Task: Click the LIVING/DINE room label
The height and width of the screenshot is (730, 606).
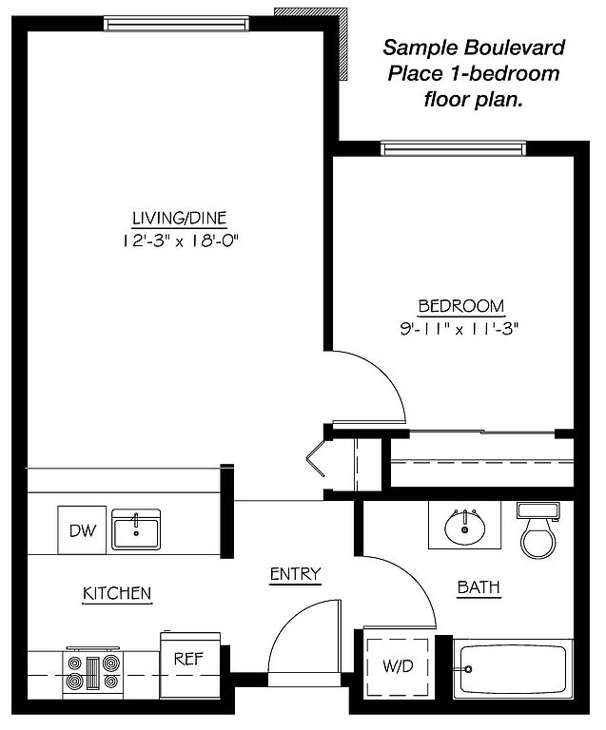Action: tap(180, 218)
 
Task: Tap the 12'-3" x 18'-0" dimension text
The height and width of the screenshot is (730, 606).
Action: tap(180, 240)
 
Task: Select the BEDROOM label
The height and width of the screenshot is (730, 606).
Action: tap(461, 306)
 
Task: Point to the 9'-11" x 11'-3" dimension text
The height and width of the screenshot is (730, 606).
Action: tap(459, 329)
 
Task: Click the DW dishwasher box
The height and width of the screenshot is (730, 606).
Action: tap(82, 529)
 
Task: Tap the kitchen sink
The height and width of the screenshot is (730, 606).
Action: tap(136, 529)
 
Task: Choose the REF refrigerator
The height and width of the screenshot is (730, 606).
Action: tap(189, 664)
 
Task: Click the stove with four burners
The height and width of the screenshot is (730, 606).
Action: tap(92, 672)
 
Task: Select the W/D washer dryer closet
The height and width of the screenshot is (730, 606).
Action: tap(398, 665)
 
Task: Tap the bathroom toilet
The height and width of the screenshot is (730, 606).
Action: tap(538, 529)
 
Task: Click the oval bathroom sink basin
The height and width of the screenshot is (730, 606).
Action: tap(464, 528)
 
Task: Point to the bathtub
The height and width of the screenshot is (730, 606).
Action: tap(513, 668)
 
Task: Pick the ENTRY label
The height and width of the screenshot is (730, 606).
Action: tap(295, 574)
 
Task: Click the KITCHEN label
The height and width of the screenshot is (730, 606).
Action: tap(117, 593)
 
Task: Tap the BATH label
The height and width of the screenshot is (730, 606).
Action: tap(479, 587)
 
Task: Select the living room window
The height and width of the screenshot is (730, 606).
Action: tap(176, 23)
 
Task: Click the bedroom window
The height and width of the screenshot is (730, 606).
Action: tap(453, 147)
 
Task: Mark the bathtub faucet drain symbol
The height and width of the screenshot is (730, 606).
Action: tap(467, 669)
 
